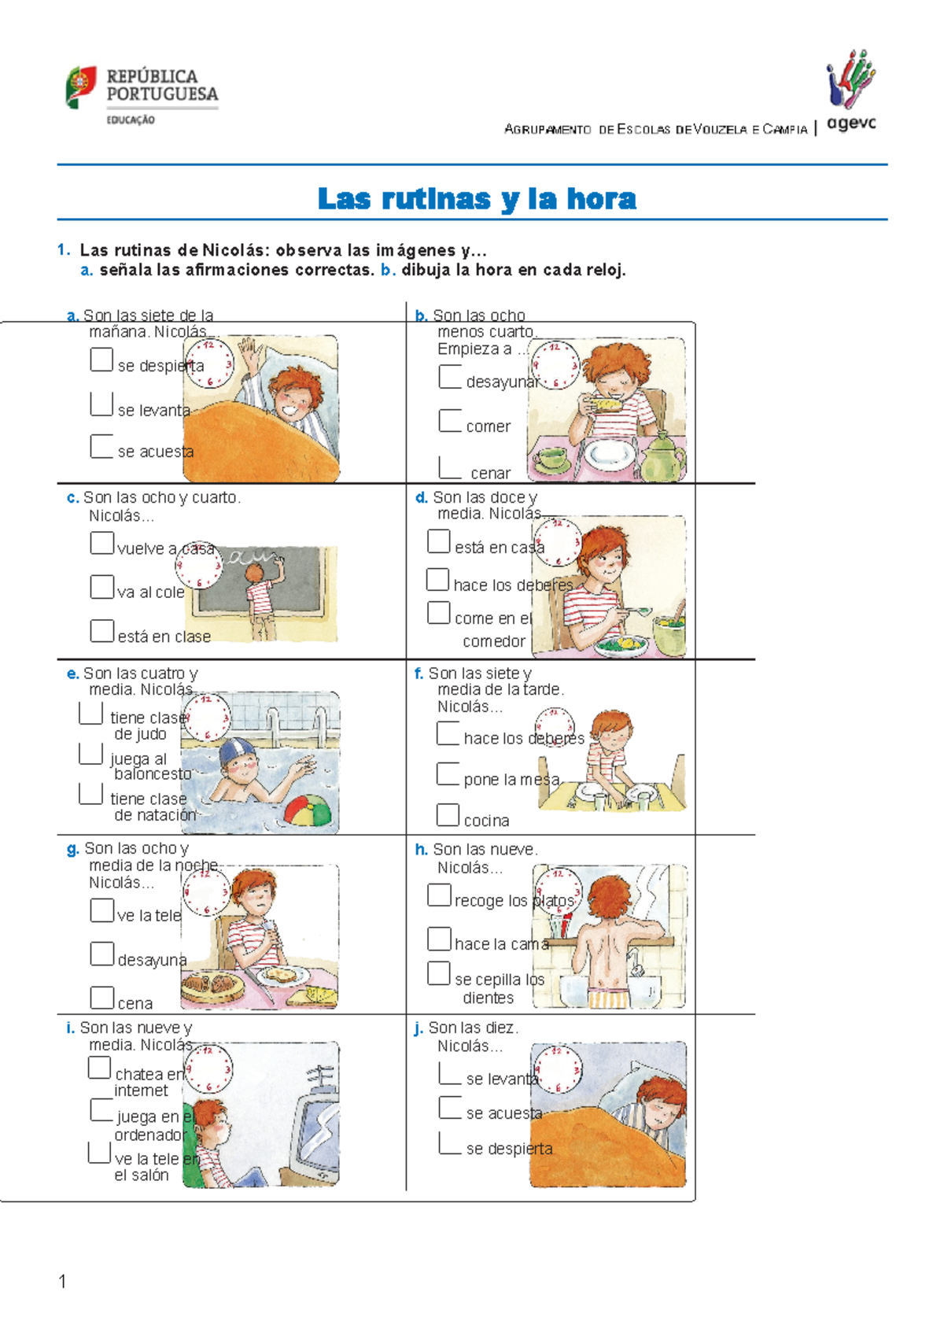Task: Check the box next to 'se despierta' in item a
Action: click(x=101, y=360)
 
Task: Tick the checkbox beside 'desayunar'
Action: click(x=450, y=376)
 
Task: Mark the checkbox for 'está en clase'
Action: click(x=102, y=631)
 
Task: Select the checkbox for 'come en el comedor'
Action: click(x=439, y=613)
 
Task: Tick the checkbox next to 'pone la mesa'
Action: click(x=448, y=773)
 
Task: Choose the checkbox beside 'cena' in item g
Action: click(x=102, y=998)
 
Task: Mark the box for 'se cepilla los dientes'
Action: click(x=439, y=973)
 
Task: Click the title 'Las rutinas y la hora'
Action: click(x=477, y=198)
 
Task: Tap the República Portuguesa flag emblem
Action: click(x=80, y=87)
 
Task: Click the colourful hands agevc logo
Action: click(x=851, y=79)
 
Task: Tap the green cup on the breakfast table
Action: click(x=551, y=458)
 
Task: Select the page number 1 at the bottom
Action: click(x=62, y=1281)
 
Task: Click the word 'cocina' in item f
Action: click(x=487, y=821)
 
